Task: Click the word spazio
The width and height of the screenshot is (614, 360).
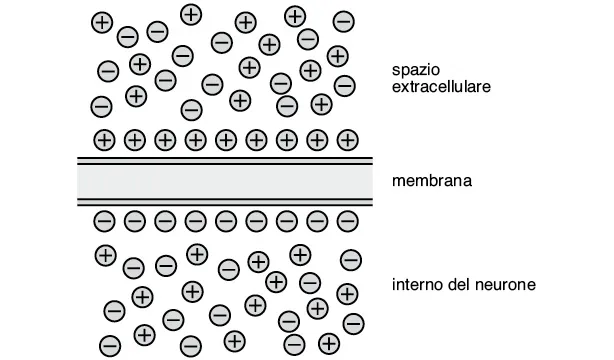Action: [x=414, y=68]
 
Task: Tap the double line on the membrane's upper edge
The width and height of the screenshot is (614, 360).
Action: [x=225, y=159]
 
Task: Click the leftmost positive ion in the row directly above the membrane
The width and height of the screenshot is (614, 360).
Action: [x=104, y=138]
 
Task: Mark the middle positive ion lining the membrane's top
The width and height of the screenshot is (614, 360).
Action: [x=226, y=138]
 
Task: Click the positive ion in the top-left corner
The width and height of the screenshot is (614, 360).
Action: [x=101, y=21]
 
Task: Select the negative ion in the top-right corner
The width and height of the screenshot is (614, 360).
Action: [x=342, y=19]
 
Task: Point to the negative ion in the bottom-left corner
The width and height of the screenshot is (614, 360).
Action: [x=110, y=345]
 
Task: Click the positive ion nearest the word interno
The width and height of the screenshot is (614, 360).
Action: [x=347, y=292]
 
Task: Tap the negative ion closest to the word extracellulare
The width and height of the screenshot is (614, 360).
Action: [x=345, y=86]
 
